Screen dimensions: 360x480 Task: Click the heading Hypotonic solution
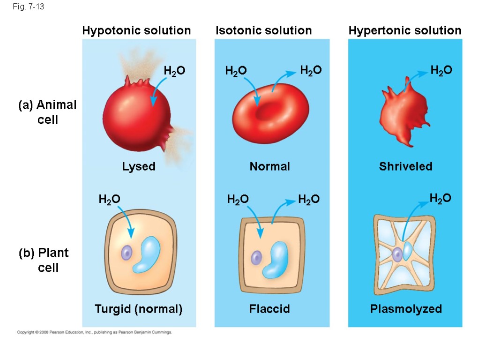(x=136, y=30)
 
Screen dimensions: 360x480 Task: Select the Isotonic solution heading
(x=263, y=30)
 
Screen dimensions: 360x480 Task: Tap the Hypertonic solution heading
(x=405, y=30)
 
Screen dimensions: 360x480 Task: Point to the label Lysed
(x=139, y=166)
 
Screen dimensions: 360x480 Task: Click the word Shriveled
(x=405, y=166)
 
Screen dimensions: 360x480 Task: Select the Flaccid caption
(x=270, y=309)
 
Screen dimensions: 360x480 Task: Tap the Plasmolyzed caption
(x=406, y=309)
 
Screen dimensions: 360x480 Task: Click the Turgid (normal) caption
(x=138, y=309)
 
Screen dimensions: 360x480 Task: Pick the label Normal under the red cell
(x=270, y=166)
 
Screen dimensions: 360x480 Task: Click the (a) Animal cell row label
(x=47, y=112)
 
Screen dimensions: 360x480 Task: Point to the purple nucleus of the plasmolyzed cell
(x=397, y=254)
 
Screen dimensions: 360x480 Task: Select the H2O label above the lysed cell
(x=174, y=71)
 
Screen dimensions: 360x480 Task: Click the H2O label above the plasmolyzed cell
(x=441, y=198)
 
